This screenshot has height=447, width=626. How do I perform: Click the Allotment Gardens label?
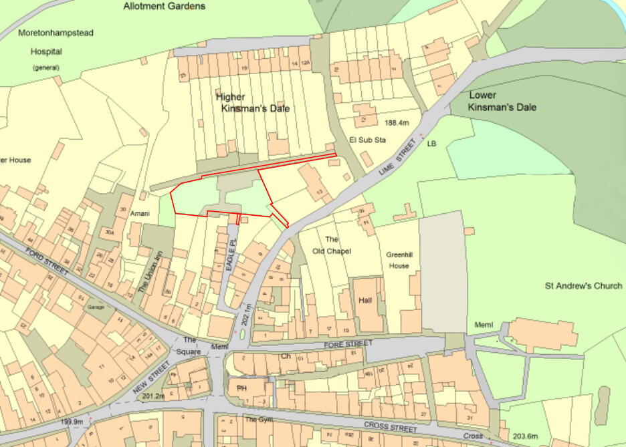pos(164,7)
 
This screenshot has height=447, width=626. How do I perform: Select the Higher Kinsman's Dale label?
pos(253,102)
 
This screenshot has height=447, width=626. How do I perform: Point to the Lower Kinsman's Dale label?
pos(502,102)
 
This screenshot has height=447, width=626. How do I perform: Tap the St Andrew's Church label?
pos(583,286)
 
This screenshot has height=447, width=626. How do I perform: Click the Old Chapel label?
pos(332,245)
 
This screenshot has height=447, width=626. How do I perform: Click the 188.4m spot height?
pos(397,123)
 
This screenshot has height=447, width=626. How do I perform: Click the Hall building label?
pos(364,301)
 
